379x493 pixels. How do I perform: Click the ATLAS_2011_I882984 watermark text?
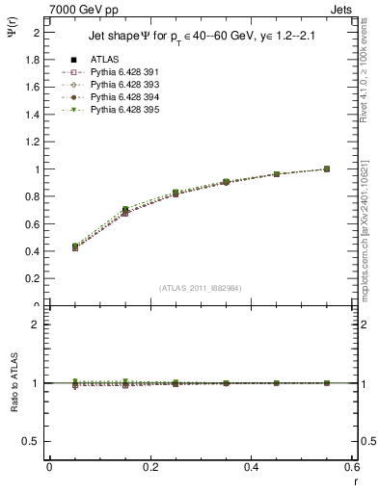[200, 288]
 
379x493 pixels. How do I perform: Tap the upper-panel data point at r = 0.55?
[327, 169]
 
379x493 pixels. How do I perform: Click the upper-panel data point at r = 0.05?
[75, 247]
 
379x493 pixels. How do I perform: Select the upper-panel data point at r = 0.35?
[226, 182]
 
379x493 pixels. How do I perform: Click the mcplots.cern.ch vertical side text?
[369, 231]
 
